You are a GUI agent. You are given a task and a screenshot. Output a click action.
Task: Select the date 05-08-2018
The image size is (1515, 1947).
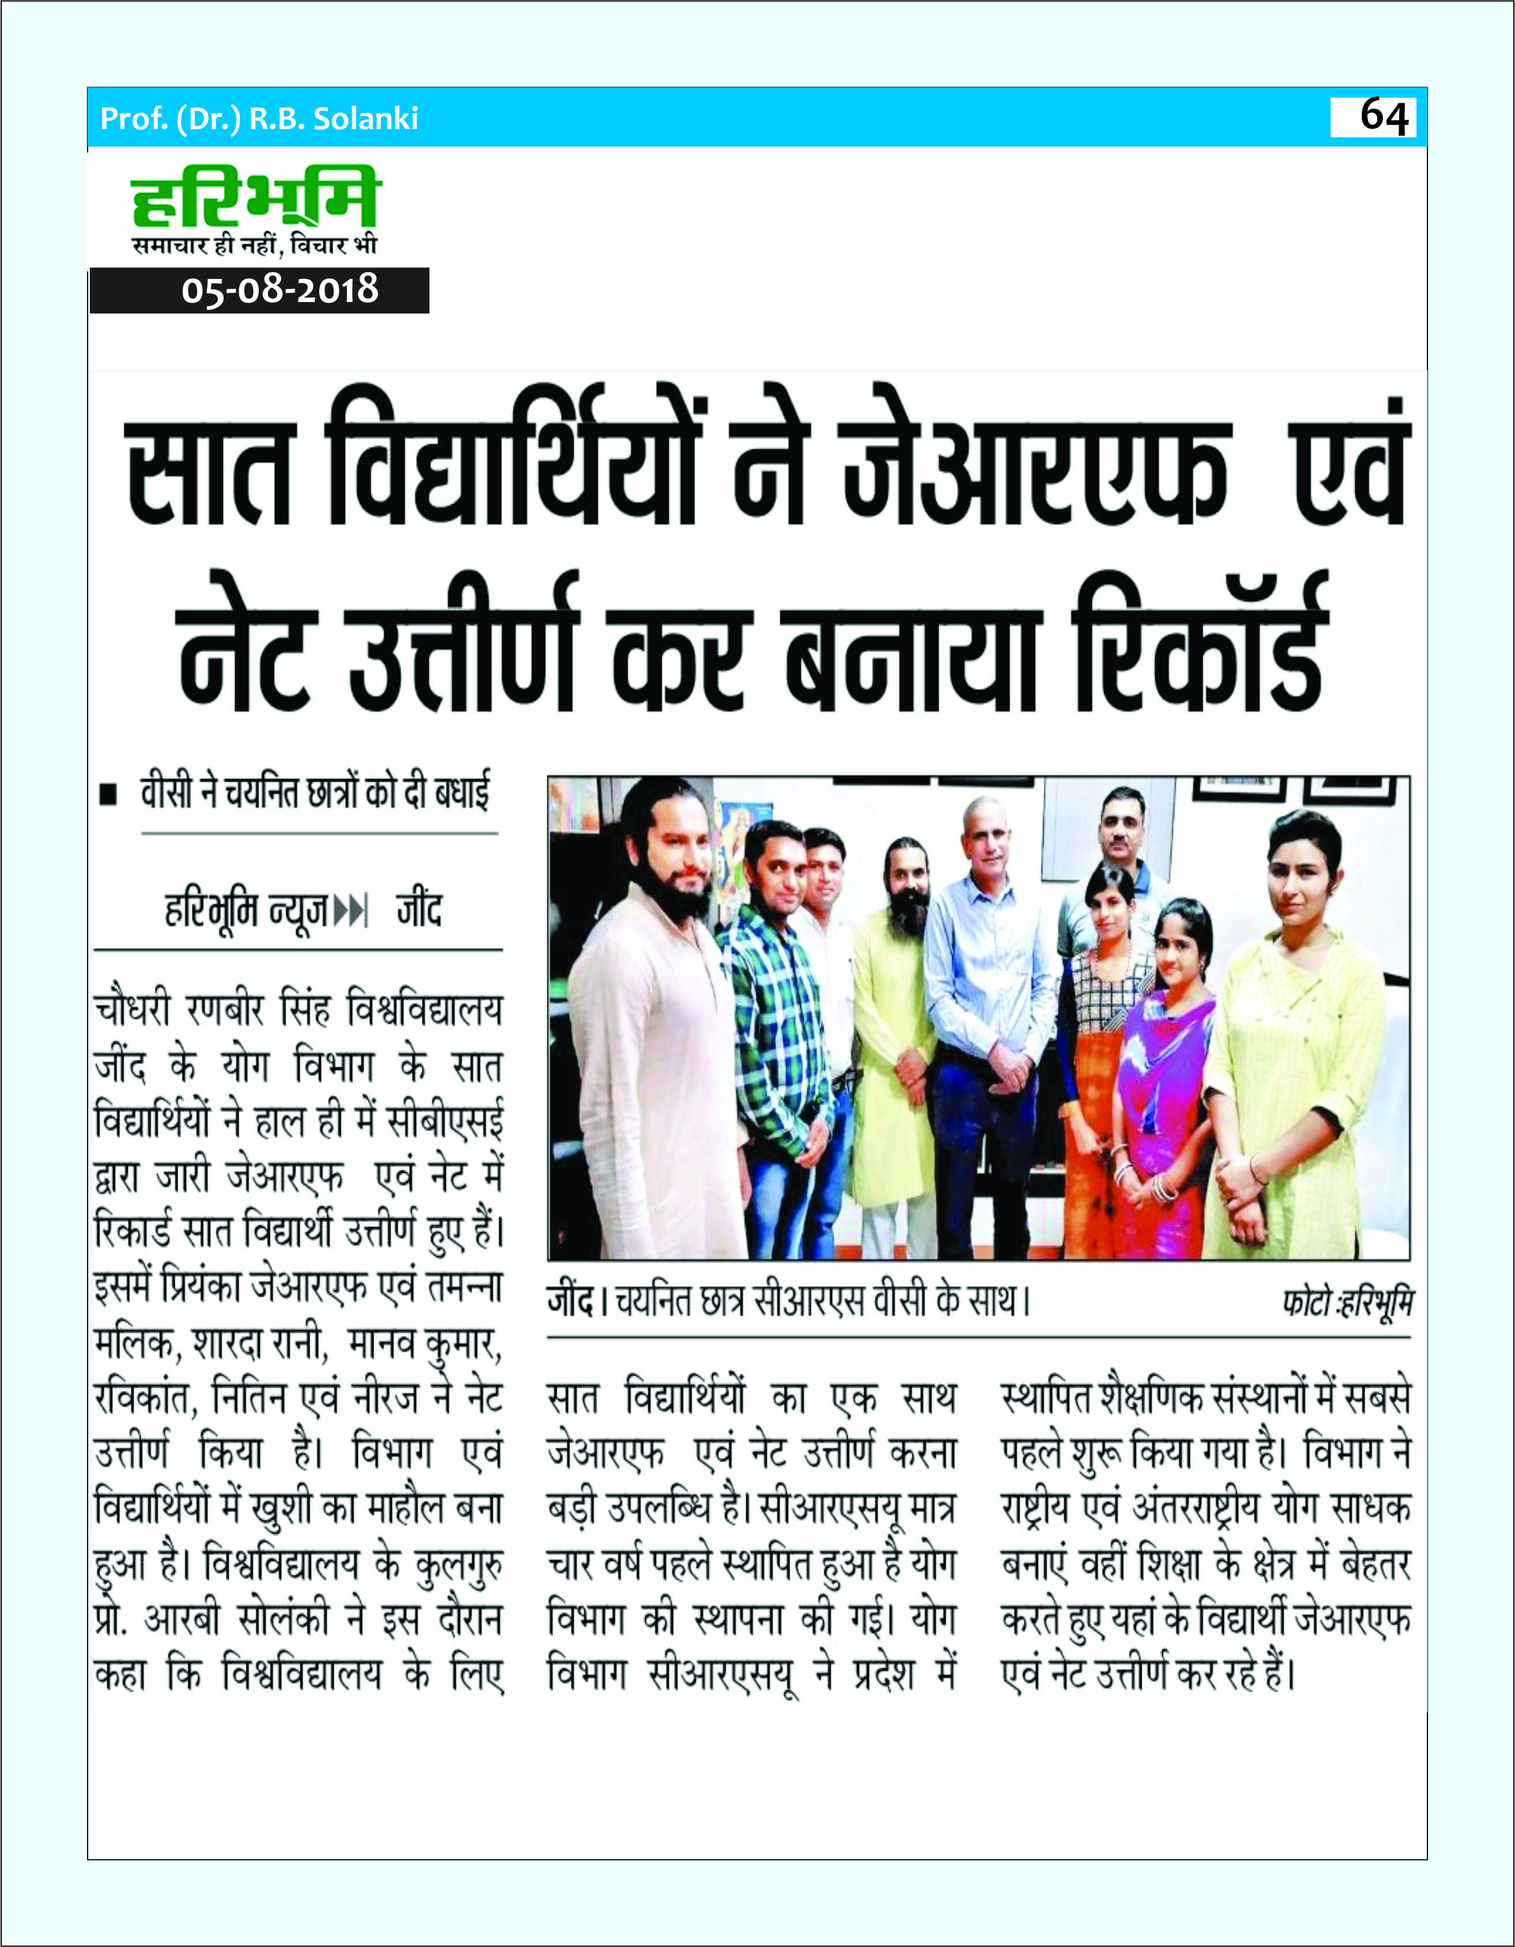pos(280,290)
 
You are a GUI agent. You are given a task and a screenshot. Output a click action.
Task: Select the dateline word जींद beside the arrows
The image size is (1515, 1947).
pos(420,910)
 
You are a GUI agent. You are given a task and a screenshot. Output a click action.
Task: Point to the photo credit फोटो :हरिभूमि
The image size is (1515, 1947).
pos(1347,1303)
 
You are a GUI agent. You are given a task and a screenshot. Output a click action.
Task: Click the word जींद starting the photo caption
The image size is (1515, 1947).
pos(571,1303)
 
